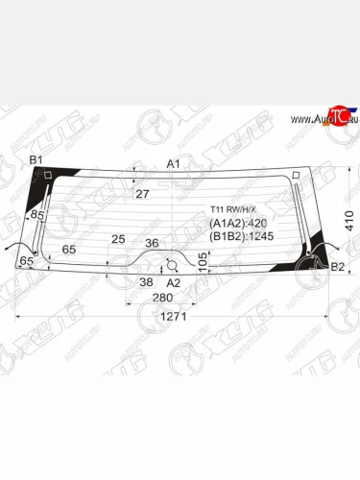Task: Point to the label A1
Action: (174, 164)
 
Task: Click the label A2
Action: (174, 283)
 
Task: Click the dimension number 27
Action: (142, 194)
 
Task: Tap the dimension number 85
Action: (37, 215)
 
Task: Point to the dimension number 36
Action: (151, 243)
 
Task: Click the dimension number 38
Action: (146, 282)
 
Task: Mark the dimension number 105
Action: (202, 260)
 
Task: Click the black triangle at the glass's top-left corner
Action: (42, 178)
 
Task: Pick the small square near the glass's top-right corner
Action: (298, 174)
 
